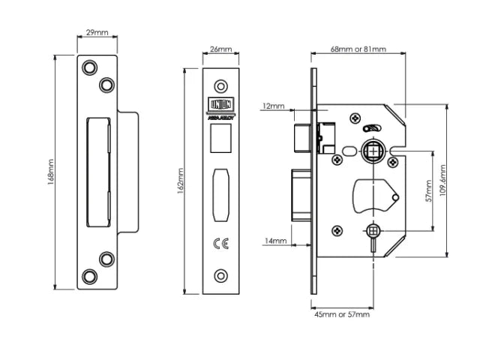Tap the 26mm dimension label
[220, 49]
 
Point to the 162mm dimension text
[180, 180]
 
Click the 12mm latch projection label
[273, 106]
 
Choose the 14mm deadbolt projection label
[275, 241]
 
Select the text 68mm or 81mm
[358, 49]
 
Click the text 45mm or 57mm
[342, 314]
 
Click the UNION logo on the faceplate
[220, 106]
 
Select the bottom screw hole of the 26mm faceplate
[220, 275]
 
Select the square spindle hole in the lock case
[373, 152]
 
